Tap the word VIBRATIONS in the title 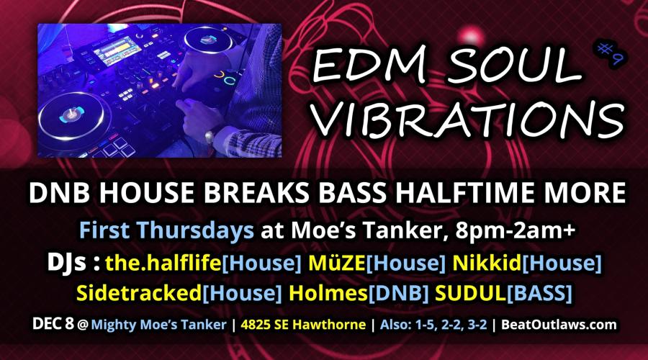point(467,118)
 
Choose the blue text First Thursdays point(166,230)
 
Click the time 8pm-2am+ point(515,230)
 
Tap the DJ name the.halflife point(163,263)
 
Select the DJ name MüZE point(337,263)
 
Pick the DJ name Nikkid point(487,263)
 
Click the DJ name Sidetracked point(139,292)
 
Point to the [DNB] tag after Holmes point(398,293)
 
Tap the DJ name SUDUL point(471,292)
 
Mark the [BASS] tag point(540,293)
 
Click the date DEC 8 point(53,324)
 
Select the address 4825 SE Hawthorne point(303,325)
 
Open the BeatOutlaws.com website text point(559,325)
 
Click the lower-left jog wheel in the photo point(72,116)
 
